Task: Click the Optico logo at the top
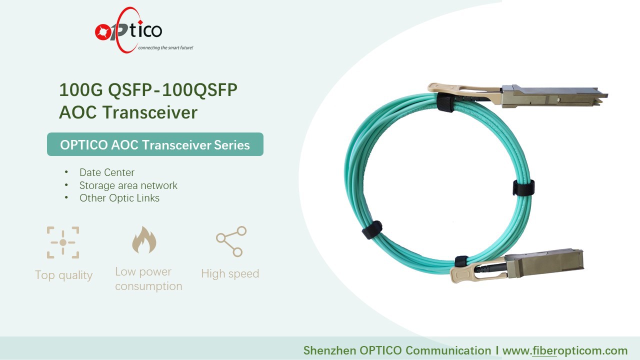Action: (128, 30)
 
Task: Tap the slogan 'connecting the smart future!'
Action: (165, 47)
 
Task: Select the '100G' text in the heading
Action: (81, 90)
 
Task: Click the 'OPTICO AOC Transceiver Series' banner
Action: (155, 144)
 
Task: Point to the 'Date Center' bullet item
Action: (107, 172)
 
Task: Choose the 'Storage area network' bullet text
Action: (128, 185)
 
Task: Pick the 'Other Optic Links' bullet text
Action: (119, 198)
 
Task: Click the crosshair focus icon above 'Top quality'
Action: (63, 242)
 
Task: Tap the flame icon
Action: (144, 240)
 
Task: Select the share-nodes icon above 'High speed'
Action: (231, 241)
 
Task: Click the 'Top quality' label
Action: (63, 275)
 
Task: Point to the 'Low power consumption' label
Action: (148, 279)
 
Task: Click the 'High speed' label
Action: (230, 273)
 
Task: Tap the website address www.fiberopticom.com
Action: (565, 350)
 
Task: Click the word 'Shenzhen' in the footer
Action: (329, 350)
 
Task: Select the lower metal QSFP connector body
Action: (544, 263)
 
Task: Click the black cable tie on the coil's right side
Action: (523, 187)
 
